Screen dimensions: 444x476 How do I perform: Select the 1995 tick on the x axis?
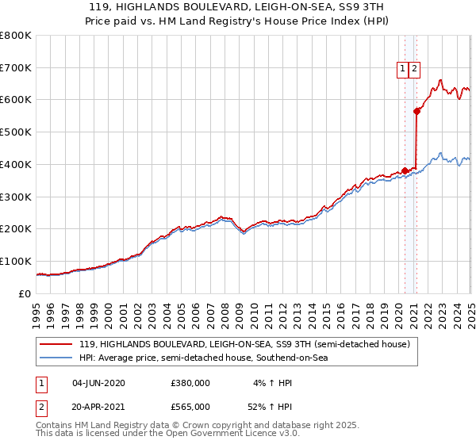pos(37,308)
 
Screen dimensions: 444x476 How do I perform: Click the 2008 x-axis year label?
pos(225,308)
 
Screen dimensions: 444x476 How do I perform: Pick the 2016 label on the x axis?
pos(341,308)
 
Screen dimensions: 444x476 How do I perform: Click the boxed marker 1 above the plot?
pos(403,69)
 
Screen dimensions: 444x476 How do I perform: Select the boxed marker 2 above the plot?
pos(415,69)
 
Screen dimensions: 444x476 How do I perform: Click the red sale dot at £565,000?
pos(417,111)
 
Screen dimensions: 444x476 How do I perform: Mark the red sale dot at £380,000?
pos(405,170)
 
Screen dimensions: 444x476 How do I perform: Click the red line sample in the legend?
pos(56,344)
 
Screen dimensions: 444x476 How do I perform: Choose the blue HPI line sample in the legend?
pos(56,358)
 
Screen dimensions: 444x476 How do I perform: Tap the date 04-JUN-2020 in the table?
pos(98,382)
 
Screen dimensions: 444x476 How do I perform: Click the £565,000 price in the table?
pos(190,406)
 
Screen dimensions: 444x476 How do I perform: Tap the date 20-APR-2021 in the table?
pos(98,406)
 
